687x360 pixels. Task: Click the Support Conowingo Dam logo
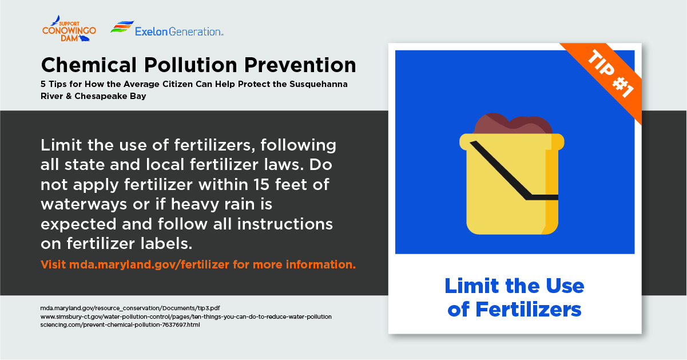coord(69,29)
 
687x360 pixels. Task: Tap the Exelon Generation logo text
coord(179,31)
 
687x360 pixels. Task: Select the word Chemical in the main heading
coord(89,65)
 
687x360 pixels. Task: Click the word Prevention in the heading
coord(300,65)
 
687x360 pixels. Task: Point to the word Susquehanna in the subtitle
coord(319,84)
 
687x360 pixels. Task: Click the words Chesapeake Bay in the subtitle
coord(110,96)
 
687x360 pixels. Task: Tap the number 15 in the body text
coord(261,184)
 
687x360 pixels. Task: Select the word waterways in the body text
coord(84,204)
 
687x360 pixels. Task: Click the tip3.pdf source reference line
coord(130,308)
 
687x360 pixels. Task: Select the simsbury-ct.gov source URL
coord(186,317)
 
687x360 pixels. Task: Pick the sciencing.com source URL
coord(120,325)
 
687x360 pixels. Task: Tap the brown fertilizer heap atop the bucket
coord(513,124)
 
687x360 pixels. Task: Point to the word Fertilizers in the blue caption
coord(528,310)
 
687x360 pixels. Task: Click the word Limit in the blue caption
coord(472,286)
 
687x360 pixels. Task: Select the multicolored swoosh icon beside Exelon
coord(122,27)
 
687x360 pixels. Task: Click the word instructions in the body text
coord(285,224)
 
